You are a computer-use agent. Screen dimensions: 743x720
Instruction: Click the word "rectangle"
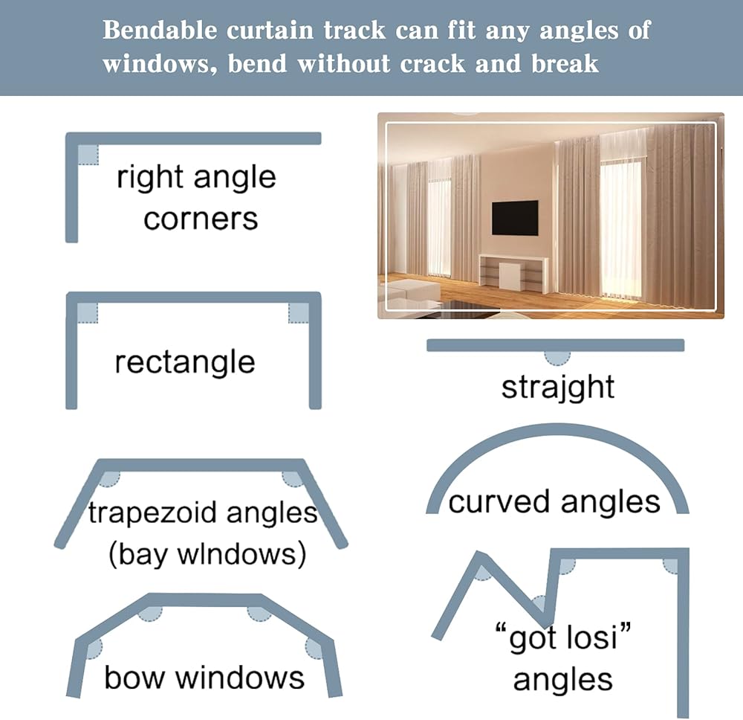(x=185, y=362)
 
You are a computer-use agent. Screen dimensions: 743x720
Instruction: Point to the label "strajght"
(x=558, y=388)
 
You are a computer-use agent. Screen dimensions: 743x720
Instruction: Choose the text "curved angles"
(x=554, y=502)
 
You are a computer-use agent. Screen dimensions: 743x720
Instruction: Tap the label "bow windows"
(x=204, y=677)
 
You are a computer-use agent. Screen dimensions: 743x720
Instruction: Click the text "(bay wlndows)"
(x=207, y=555)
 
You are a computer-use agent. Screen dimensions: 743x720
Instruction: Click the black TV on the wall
(x=515, y=217)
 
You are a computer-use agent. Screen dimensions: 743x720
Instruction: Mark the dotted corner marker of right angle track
(x=88, y=154)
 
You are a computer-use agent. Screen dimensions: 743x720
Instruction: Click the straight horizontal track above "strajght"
(x=555, y=345)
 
